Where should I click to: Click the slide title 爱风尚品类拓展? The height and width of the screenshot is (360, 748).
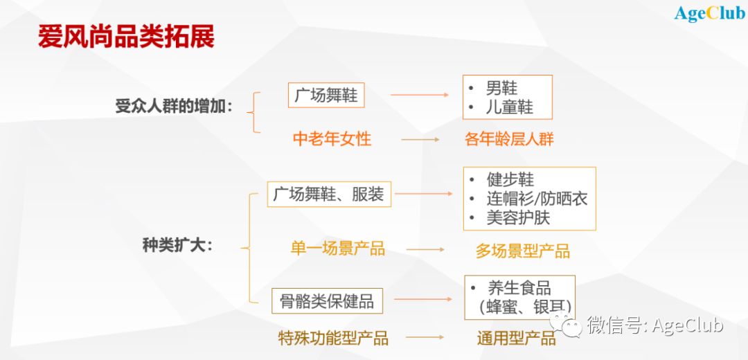127,37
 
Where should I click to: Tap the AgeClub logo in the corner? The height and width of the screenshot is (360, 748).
709,13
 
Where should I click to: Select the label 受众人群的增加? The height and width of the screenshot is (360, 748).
174,106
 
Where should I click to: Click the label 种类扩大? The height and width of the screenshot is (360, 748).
177,246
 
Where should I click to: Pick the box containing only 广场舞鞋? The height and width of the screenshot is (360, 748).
326,96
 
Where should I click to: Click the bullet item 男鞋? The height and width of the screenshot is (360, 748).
501,88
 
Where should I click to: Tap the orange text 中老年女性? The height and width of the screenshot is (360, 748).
332,139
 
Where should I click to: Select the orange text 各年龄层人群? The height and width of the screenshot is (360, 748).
509,139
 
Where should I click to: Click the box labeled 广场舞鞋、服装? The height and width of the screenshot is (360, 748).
329,194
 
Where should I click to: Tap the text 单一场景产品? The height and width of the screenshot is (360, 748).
338,249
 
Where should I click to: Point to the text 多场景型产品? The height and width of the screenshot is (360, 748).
522,251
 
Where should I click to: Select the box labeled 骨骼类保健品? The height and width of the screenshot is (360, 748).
327,301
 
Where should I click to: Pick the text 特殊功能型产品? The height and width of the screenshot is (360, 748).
333,338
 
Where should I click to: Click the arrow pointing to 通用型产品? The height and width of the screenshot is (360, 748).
425,337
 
